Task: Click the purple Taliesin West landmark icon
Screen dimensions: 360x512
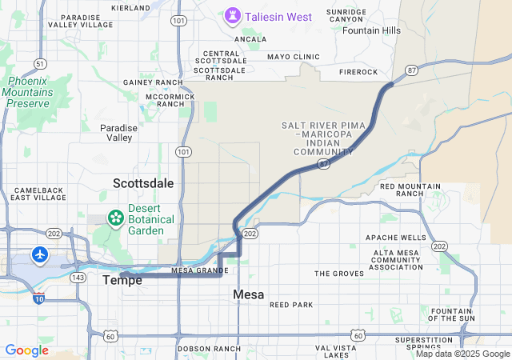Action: (x=233, y=15)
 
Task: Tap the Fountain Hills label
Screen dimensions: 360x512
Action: (x=371, y=30)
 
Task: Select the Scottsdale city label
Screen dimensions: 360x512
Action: (x=143, y=183)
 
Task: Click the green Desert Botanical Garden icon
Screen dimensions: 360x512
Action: (x=116, y=218)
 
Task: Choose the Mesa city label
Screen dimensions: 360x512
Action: (x=248, y=294)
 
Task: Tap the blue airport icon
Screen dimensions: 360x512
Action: (x=40, y=254)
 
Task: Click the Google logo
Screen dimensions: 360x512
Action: (x=26, y=350)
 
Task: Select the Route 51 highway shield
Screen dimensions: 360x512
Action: (x=39, y=63)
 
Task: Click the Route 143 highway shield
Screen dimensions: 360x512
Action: (x=78, y=278)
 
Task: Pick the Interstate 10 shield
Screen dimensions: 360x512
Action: (x=39, y=299)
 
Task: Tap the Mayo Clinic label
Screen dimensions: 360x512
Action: (x=294, y=57)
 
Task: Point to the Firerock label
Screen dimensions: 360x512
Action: (x=358, y=72)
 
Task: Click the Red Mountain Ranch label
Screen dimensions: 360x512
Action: (x=410, y=190)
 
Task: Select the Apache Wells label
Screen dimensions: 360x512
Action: (x=396, y=238)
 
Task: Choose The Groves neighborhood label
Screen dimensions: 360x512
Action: (x=338, y=274)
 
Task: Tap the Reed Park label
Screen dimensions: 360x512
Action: (x=291, y=305)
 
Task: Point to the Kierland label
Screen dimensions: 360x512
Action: (x=130, y=7)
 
